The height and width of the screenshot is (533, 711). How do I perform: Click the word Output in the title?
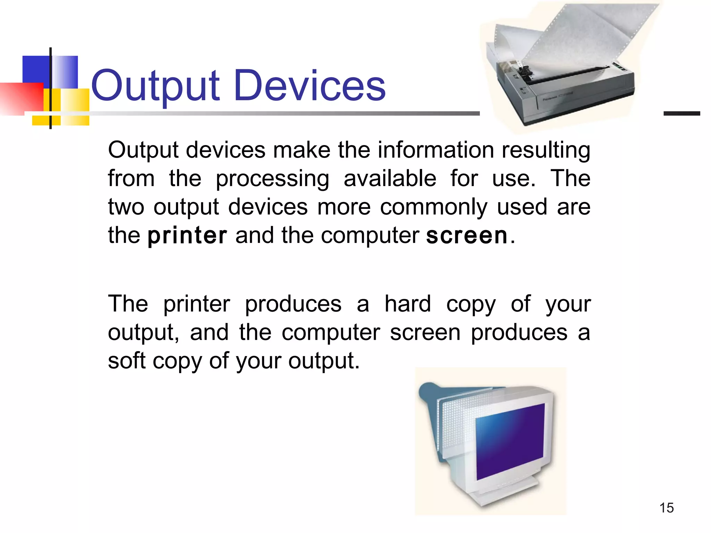[x=155, y=86]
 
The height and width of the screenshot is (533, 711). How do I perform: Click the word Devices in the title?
[x=310, y=86]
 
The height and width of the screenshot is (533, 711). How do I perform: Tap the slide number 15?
[x=666, y=508]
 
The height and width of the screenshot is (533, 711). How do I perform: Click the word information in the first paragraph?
[x=436, y=150]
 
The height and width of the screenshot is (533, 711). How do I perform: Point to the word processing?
[x=273, y=179]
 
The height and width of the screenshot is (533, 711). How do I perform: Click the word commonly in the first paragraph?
[x=434, y=208]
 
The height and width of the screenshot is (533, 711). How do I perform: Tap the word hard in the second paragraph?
[x=408, y=304]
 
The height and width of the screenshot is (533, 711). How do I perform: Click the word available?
[x=390, y=178]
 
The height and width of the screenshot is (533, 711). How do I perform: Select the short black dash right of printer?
[x=681, y=113]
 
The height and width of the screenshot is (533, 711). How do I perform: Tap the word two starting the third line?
[x=126, y=208]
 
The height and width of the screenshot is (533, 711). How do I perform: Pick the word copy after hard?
[x=471, y=305]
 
